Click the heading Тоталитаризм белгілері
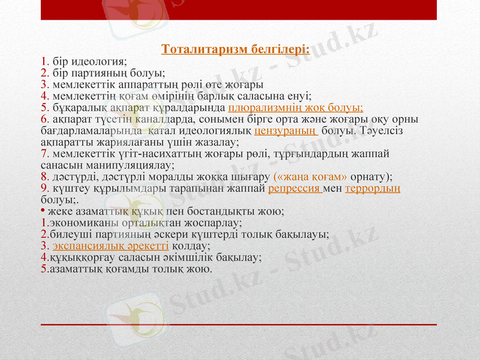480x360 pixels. (x=236, y=49)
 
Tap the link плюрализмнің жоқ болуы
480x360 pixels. (x=296, y=107)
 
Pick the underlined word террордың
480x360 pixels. (x=373, y=188)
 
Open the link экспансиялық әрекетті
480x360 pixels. (x=110, y=245)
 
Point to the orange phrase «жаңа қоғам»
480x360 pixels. (x=310, y=176)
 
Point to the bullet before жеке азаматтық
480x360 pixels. (x=43, y=211)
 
